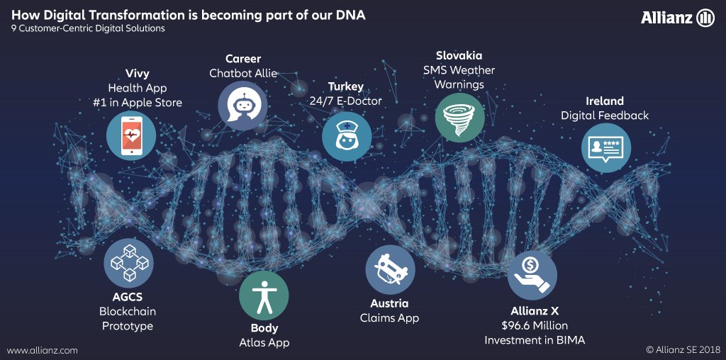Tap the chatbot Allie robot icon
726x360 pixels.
242,106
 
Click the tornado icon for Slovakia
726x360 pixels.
459,117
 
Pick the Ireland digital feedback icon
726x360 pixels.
606,149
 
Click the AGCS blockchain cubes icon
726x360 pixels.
128,263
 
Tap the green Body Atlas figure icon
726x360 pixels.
264,296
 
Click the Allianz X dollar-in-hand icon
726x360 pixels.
532,275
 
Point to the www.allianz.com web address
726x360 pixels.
43,350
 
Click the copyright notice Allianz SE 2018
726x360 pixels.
682,350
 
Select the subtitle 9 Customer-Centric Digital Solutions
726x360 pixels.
88,29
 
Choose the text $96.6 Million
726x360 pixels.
535,325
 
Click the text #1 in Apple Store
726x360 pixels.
144,103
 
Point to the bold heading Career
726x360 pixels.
243,58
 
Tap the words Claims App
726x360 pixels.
389,318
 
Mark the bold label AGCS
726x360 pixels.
128,297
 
